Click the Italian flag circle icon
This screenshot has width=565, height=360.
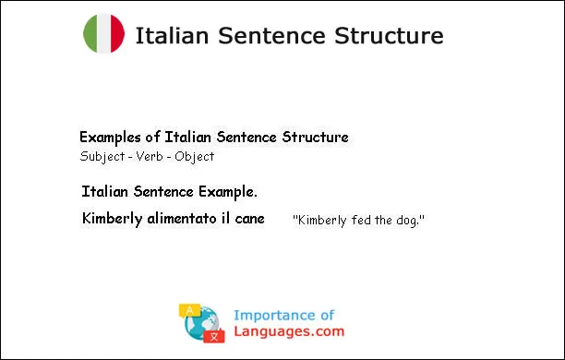[103, 34]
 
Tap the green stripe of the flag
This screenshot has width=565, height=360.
[90, 34]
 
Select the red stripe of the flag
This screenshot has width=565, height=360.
[117, 34]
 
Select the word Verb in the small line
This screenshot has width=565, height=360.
[147, 156]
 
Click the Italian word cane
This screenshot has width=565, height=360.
[249, 219]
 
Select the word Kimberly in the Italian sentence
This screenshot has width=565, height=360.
[112, 219]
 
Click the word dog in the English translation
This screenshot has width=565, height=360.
[406, 222]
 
